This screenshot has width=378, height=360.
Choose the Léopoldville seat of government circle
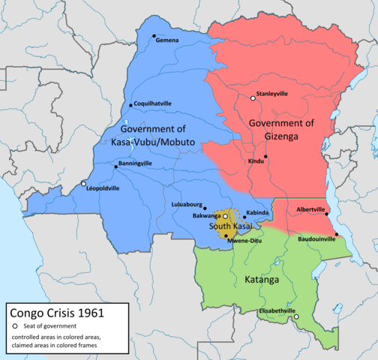84,184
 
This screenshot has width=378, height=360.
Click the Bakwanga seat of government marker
225,216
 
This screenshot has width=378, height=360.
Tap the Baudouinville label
316,239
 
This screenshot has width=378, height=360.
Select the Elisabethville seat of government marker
296,317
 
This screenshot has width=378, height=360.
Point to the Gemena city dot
153,35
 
